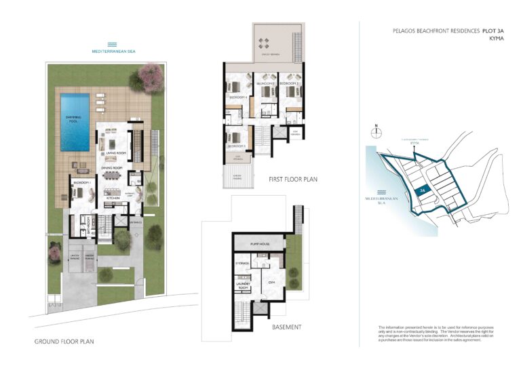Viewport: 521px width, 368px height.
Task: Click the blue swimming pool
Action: [x=75, y=123]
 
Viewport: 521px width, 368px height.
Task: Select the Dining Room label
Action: [x=111, y=167]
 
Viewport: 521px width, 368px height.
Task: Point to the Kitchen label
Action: [x=112, y=197]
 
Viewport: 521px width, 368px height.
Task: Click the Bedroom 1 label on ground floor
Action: [x=82, y=184]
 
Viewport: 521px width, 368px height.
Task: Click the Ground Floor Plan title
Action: [x=64, y=342]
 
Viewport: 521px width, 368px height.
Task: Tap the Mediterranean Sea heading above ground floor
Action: [x=113, y=51]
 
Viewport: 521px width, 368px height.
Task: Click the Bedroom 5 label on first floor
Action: [x=236, y=146]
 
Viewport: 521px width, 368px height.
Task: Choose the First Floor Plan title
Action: [x=292, y=180]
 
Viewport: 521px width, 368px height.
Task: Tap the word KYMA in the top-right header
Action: [x=497, y=39]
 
